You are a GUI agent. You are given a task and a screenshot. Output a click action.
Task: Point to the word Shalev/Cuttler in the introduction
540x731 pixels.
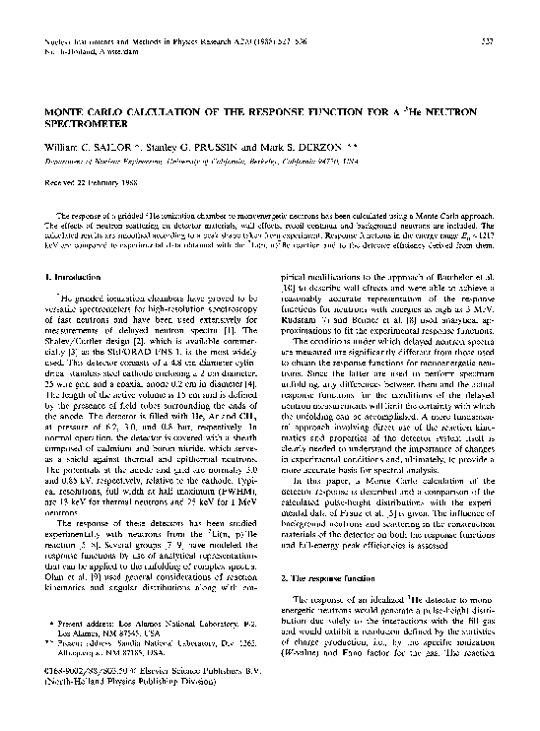point(88,339)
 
